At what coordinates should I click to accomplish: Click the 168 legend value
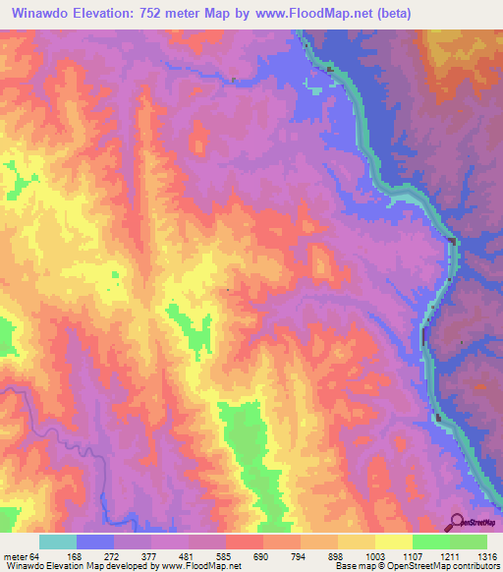96,557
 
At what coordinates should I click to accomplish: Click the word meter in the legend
14,557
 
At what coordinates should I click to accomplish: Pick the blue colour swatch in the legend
95,542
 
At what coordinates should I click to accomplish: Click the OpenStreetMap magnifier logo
457,521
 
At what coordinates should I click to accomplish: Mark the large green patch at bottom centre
246,442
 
